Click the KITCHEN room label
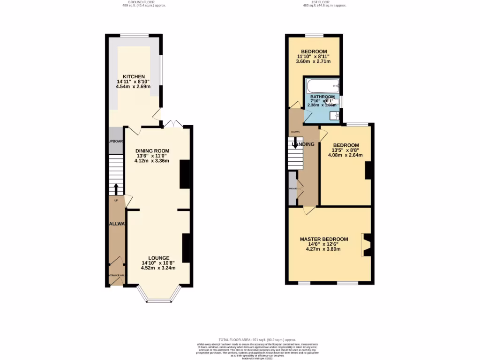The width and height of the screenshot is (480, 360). point(134,77)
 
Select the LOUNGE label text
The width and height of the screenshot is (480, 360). point(158,258)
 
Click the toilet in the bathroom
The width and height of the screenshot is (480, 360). point(333,114)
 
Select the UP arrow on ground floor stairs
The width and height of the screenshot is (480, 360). point(116,188)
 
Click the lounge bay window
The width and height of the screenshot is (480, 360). point(158,298)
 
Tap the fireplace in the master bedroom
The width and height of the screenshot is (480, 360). point(367,245)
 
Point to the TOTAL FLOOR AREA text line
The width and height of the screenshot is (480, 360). point(257,339)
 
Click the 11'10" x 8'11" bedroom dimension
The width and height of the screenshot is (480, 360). point(313,57)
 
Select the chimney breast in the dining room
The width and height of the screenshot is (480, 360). point(185,174)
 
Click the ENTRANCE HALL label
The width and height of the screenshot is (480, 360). point(116,275)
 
